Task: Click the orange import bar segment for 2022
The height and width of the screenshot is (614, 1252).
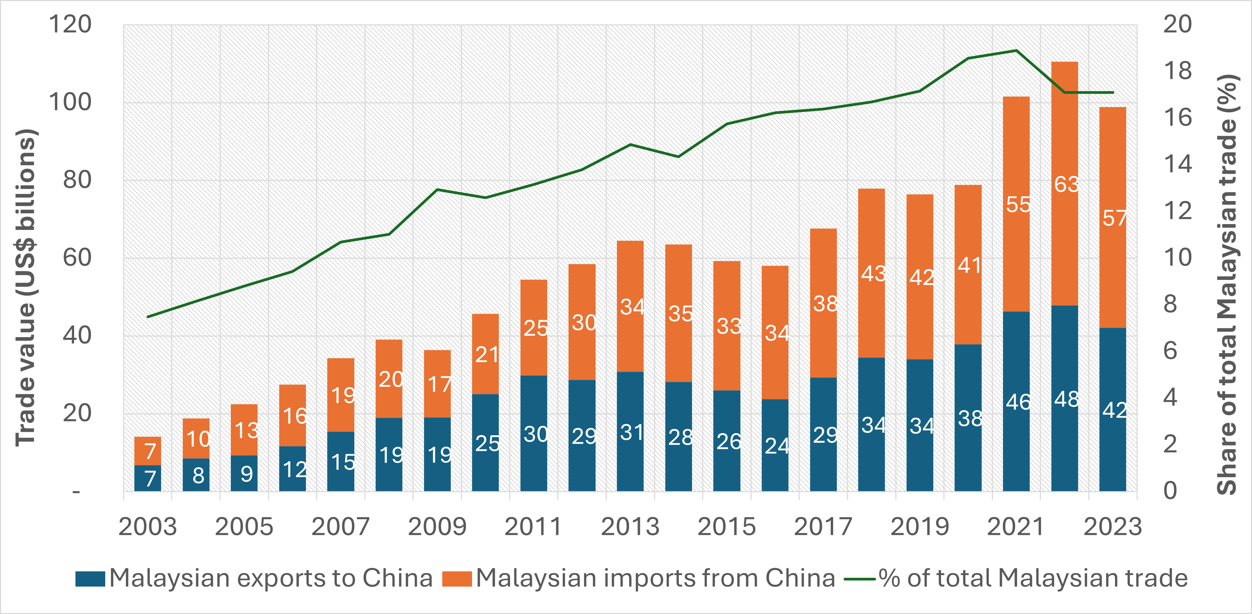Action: [x=1065, y=184]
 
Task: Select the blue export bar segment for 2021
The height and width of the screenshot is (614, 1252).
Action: [x=1016, y=401]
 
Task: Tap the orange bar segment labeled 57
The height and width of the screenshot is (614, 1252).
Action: [x=1113, y=217]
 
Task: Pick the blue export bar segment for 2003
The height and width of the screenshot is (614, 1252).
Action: [x=148, y=478]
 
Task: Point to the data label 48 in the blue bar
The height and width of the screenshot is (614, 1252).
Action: [x=1066, y=400]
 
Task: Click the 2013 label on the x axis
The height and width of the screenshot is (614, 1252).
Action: [x=630, y=527]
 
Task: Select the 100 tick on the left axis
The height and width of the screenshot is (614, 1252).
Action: [x=70, y=103]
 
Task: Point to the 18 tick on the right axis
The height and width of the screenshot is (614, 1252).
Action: [x=1178, y=71]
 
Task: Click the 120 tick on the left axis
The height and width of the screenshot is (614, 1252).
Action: [x=70, y=24]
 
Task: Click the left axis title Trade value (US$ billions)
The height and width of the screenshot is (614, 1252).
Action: [x=26, y=288]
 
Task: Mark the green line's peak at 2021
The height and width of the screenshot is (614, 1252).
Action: [x=1016, y=50]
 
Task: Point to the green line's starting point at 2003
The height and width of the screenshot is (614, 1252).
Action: [x=148, y=317]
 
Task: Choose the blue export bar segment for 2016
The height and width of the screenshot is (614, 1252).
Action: [x=775, y=445]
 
